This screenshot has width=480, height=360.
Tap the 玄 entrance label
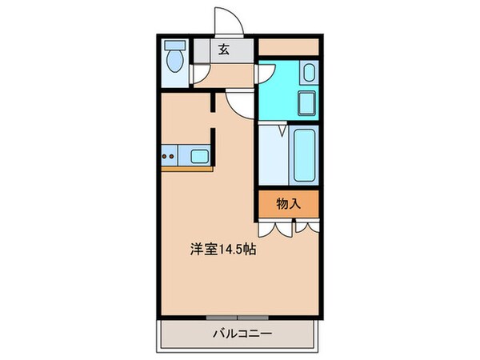pyautogui.click(x=223, y=50)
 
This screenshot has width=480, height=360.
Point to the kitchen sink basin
pyautogui.click(x=199, y=154)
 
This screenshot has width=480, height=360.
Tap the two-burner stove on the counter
pyautogui.click(x=169, y=154)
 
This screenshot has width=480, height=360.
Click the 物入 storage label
pyautogui.click(x=288, y=204)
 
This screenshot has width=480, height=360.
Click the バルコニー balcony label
pyautogui.click(x=240, y=333)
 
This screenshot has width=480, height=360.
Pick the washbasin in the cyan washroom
pyautogui.click(x=310, y=74)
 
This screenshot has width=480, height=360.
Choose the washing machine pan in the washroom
pyautogui.click(x=306, y=104)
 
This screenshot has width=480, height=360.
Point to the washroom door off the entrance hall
pyautogui.click(x=265, y=72)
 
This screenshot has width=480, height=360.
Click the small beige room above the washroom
pyautogui.click(x=288, y=47)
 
